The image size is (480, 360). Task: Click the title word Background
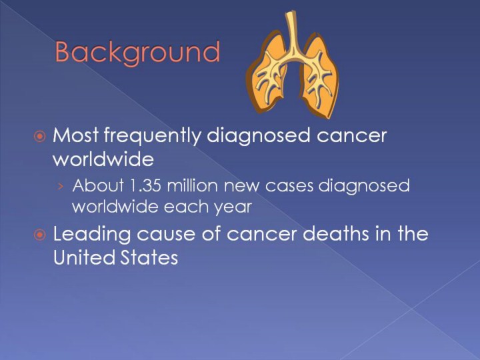(x=137, y=53)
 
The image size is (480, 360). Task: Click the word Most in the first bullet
(x=75, y=135)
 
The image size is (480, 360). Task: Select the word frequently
(x=153, y=135)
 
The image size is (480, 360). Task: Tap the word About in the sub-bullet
(x=98, y=185)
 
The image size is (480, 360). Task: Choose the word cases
(x=289, y=186)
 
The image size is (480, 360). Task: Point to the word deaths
(x=336, y=233)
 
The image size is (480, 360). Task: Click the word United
(x=84, y=257)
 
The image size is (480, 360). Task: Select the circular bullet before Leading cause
(x=40, y=235)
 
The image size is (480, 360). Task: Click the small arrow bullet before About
(x=61, y=186)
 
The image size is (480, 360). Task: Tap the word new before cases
(x=242, y=186)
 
